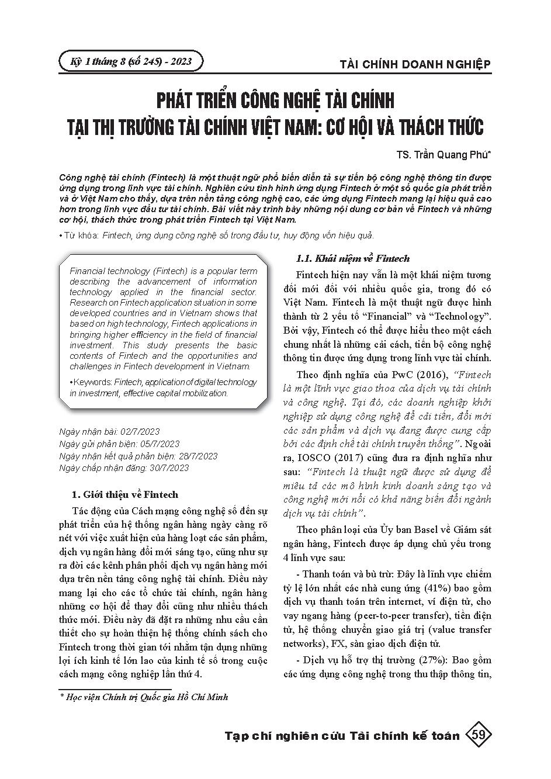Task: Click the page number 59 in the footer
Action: tap(478, 735)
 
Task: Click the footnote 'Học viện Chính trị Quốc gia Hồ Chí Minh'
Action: tap(146, 697)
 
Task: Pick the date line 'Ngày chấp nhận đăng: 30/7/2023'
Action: tap(124, 468)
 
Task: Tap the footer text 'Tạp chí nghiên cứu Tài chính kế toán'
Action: tap(342, 736)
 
